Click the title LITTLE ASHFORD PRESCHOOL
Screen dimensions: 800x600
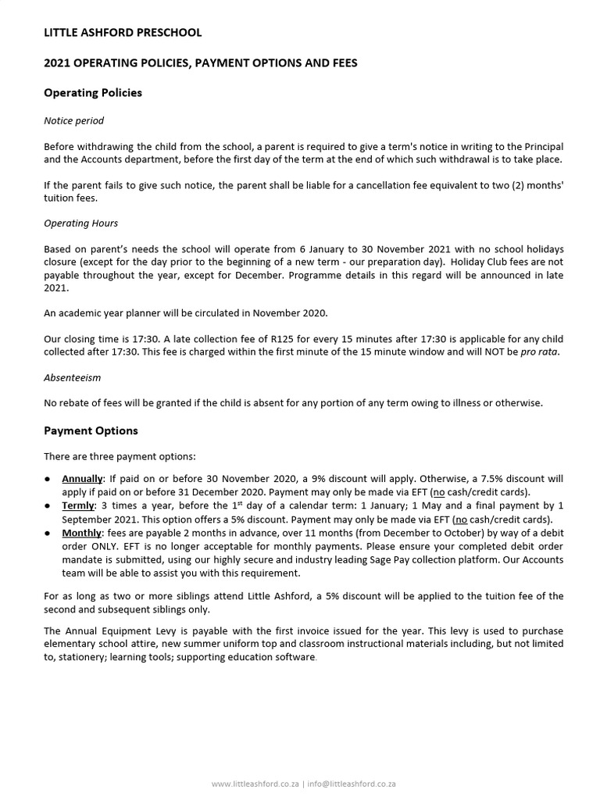click(123, 33)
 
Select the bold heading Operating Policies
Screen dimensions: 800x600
click(93, 92)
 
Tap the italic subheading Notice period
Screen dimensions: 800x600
click(73, 121)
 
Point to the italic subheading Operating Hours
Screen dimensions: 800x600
click(81, 223)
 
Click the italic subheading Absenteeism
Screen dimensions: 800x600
click(72, 377)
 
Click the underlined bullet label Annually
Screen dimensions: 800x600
click(83, 479)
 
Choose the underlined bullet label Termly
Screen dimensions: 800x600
click(78, 506)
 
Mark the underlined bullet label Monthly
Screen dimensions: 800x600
click(82, 534)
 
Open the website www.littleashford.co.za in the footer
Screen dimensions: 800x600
click(255, 784)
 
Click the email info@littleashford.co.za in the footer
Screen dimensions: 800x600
click(351, 784)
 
